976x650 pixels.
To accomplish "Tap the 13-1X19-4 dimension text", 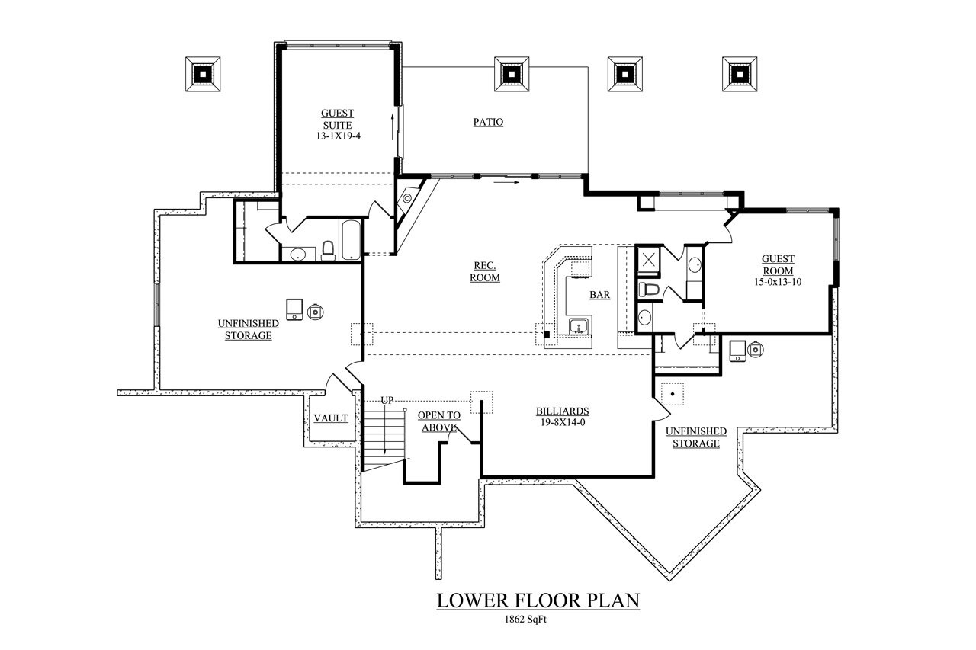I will (x=336, y=135).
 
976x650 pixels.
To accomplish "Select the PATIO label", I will (x=488, y=122).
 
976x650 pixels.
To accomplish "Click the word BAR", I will (x=599, y=295).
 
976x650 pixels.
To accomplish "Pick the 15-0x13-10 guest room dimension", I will (x=777, y=282).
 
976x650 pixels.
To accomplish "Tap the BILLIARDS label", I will (x=562, y=411).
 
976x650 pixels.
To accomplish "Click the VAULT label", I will (x=331, y=418).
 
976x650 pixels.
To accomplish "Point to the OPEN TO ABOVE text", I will (x=438, y=421).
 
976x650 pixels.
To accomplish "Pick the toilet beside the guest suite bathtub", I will (x=328, y=250).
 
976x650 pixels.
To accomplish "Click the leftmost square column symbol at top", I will (x=204, y=74).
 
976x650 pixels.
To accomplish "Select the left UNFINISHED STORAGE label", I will (x=249, y=329).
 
